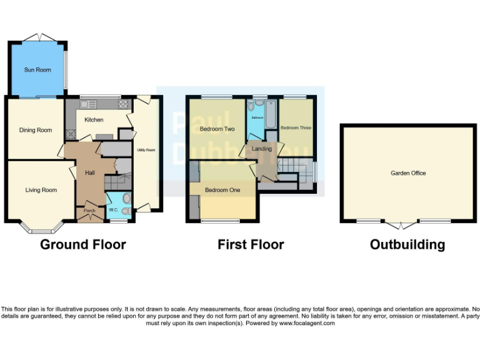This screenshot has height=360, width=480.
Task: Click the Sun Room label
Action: tap(37, 70)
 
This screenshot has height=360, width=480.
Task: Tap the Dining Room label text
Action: tap(36, 130)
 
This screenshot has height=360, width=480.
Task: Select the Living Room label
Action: tap(41, 190)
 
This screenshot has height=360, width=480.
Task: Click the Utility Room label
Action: tap(146, 150)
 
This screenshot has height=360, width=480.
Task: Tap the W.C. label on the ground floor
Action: tap(114, 209)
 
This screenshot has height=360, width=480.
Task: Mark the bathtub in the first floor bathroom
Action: tap(271, 114)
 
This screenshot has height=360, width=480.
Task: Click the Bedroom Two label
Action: tap(217, 129)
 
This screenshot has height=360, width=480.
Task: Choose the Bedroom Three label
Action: tap(296, 127)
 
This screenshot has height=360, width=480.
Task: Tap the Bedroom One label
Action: tap(222, 190)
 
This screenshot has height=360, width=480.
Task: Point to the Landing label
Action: tap(262, 149)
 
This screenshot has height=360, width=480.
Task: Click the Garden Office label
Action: tap(408, 173)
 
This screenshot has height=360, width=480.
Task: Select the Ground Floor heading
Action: tap(83, 244)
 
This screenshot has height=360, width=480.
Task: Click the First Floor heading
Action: tap(251, 244)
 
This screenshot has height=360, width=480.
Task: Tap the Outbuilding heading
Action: tap(407, 244)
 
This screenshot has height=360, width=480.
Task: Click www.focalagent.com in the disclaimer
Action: tap(307, 323)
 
